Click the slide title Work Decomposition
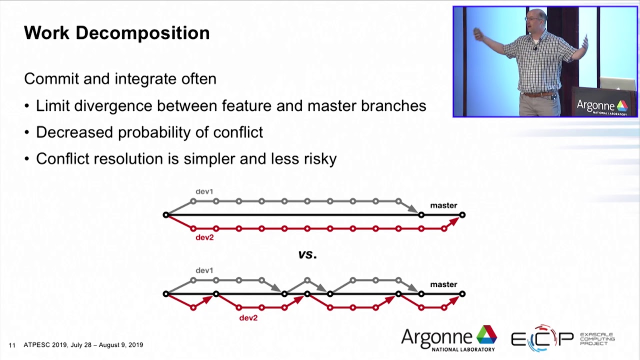[116, 33]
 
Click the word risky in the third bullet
[320, 159]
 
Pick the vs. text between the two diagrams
[307, 254]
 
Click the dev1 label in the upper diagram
[204, 191]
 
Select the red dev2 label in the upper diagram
[204, 237]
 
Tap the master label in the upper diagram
[443, 205]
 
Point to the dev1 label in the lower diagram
[204, 270]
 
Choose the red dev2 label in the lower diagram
[248, 318]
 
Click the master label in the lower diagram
[443, 284]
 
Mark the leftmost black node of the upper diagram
[166, 215]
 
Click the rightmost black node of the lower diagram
[462, 294]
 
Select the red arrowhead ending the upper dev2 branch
[453, 221]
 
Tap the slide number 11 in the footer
[12, 345]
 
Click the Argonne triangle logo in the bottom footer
[486, 334]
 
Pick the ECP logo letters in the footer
[542, 339]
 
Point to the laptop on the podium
[617, 83]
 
